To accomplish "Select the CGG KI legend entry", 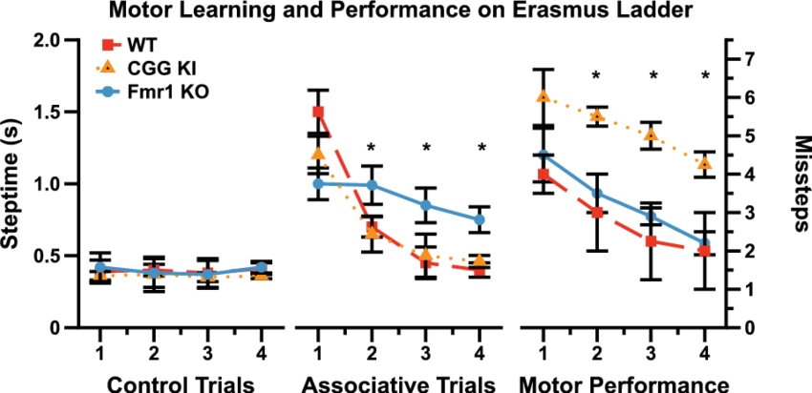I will (x=144, y=68).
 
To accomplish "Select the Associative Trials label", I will (x=399, y=384).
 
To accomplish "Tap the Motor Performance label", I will (x=626, y=384).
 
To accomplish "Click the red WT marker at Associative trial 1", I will (x=318, y=112).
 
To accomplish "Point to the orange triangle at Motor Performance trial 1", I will (x=544, y=96).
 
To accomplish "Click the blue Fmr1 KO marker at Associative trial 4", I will (x=480, y=219).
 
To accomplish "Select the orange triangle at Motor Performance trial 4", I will (x=704, y=164).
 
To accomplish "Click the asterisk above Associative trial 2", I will (x=373, y=147).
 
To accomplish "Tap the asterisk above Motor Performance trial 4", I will (x=705, y=74).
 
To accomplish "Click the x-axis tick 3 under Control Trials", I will (x=206, y=352).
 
